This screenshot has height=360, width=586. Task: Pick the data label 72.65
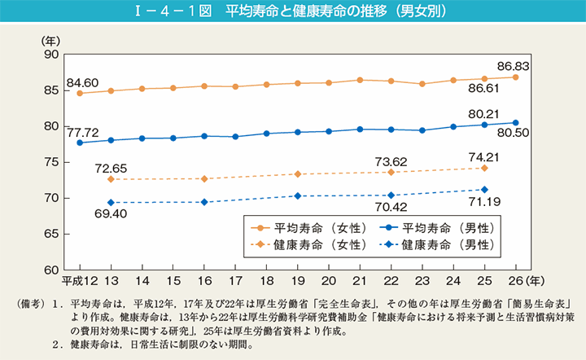click(112, 168)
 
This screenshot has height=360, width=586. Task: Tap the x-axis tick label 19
click(298, 280)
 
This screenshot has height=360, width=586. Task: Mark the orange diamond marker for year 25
click(484, 168)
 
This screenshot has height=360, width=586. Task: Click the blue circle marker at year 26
click(515, 123)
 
